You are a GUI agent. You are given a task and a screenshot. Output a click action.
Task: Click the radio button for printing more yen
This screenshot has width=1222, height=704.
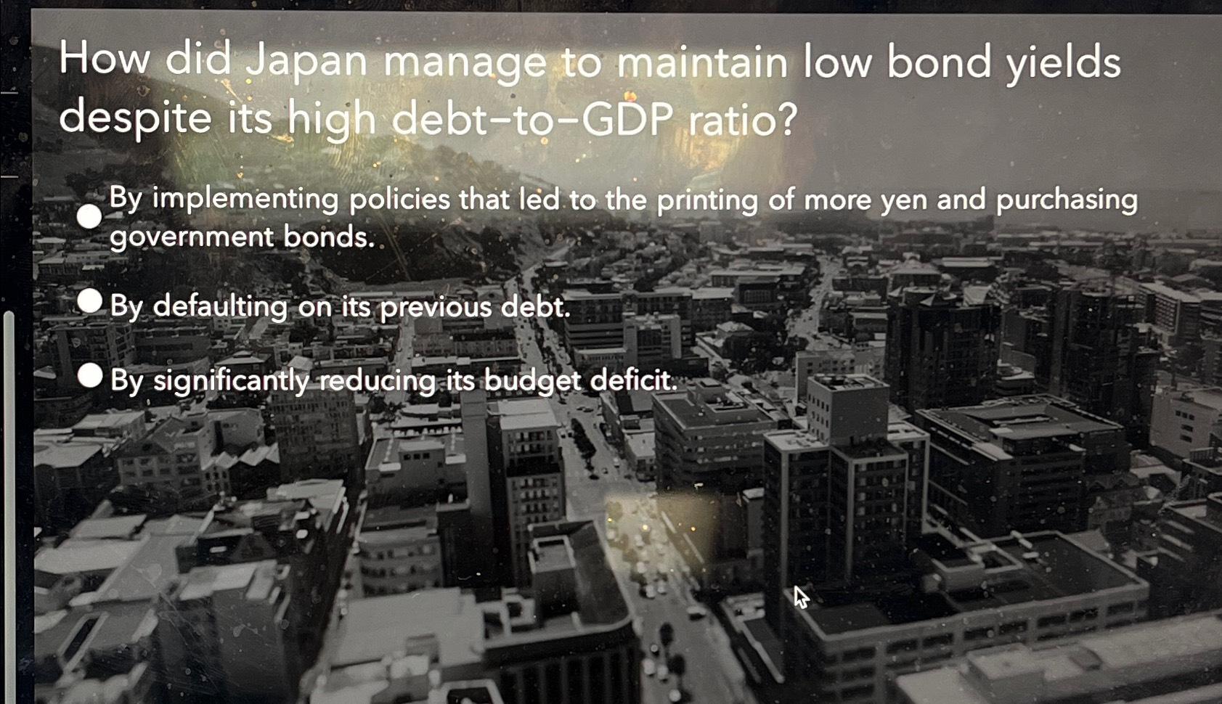pos(89,216)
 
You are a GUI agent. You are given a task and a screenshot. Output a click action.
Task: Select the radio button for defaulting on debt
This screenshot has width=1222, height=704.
pos(90,300)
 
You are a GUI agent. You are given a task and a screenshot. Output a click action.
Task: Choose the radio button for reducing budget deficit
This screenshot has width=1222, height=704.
pos(90,376)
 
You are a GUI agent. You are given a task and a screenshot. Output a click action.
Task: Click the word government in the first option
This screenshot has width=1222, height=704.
pos(192,238)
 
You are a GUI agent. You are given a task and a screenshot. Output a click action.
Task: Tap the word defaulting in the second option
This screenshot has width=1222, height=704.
pos(220,306)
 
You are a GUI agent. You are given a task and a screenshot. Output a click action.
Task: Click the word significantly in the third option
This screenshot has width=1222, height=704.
pos(232,380)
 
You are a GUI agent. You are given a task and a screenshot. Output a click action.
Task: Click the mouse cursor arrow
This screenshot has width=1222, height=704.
pos(801,597)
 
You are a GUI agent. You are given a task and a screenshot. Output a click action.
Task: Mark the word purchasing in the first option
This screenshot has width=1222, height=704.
pos(1067,201)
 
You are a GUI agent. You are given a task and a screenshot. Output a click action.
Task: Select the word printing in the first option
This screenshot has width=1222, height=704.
pos(707,201)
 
